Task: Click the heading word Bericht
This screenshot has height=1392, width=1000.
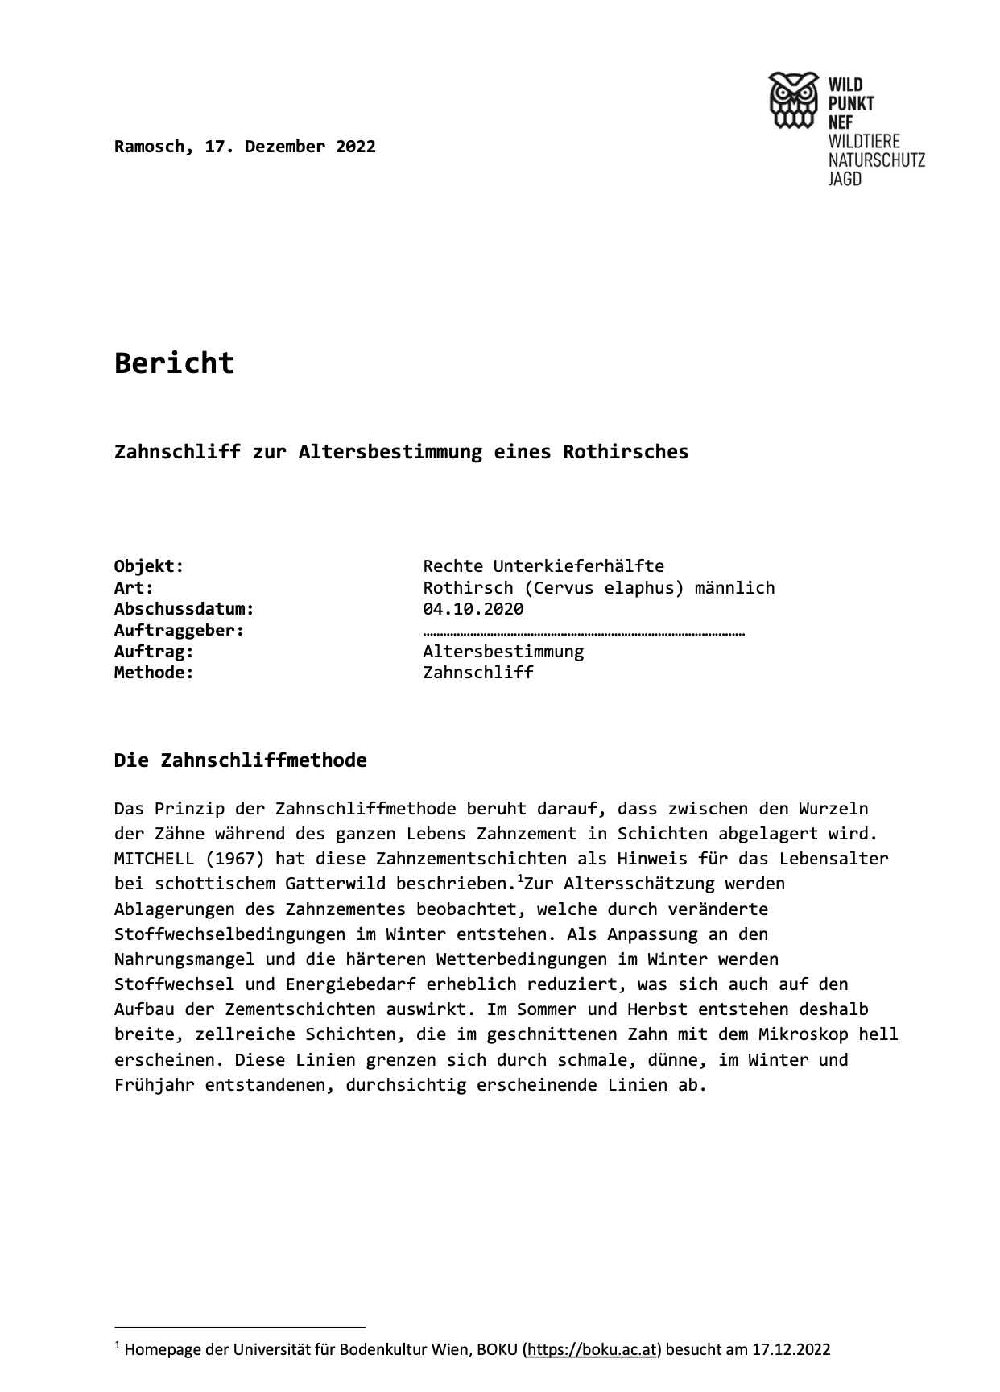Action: [174, 362]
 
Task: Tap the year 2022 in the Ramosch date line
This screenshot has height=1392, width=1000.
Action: [356, 147]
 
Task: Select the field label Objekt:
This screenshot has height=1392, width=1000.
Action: [149, 565]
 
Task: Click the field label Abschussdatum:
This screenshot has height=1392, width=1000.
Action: [184, 608]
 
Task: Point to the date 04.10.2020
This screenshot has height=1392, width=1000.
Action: [473, 608]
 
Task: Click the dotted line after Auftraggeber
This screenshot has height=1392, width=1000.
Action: [584, 632]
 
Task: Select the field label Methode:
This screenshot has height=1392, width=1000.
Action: [154, 673]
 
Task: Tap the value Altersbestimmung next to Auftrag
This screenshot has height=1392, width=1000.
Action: [503, 651]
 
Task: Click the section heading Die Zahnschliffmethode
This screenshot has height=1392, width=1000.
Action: [240, 760]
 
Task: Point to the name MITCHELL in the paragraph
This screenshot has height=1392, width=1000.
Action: [154, 858]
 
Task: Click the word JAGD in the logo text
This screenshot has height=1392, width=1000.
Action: [845, 179]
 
